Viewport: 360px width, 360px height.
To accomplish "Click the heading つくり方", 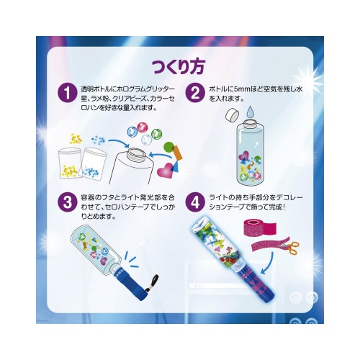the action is pyautogui.click(x=179, y=66).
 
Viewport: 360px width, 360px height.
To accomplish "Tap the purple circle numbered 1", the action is pyautogui.click(x=68, y=93).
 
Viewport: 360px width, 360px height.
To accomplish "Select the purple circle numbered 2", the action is pyautogui.click(x=196, y=93).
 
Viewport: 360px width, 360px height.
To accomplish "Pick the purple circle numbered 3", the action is pyautogui.click(x=68, y=202).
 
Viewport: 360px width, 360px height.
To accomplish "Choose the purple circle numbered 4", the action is pyautogui.click(x=196, y=202).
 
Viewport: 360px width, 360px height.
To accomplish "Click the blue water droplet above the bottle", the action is pyautogui.click(x=251, y=112).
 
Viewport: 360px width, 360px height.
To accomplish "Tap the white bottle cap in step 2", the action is pyautogui.click(x=233, y=115).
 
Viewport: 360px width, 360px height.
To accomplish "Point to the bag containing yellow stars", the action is pyautogui.click(x=70, y=163).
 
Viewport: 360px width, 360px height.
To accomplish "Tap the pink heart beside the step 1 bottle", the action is pyautogui.click(x=166, y=171).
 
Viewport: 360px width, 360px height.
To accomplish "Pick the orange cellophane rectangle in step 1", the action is pyautogui.click(x=177, y=153).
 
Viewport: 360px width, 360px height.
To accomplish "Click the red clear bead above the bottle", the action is pyautogui.click(x=143, y=127).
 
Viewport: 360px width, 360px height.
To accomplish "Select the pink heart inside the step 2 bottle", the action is pyautogui.click(x=243, y=155).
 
